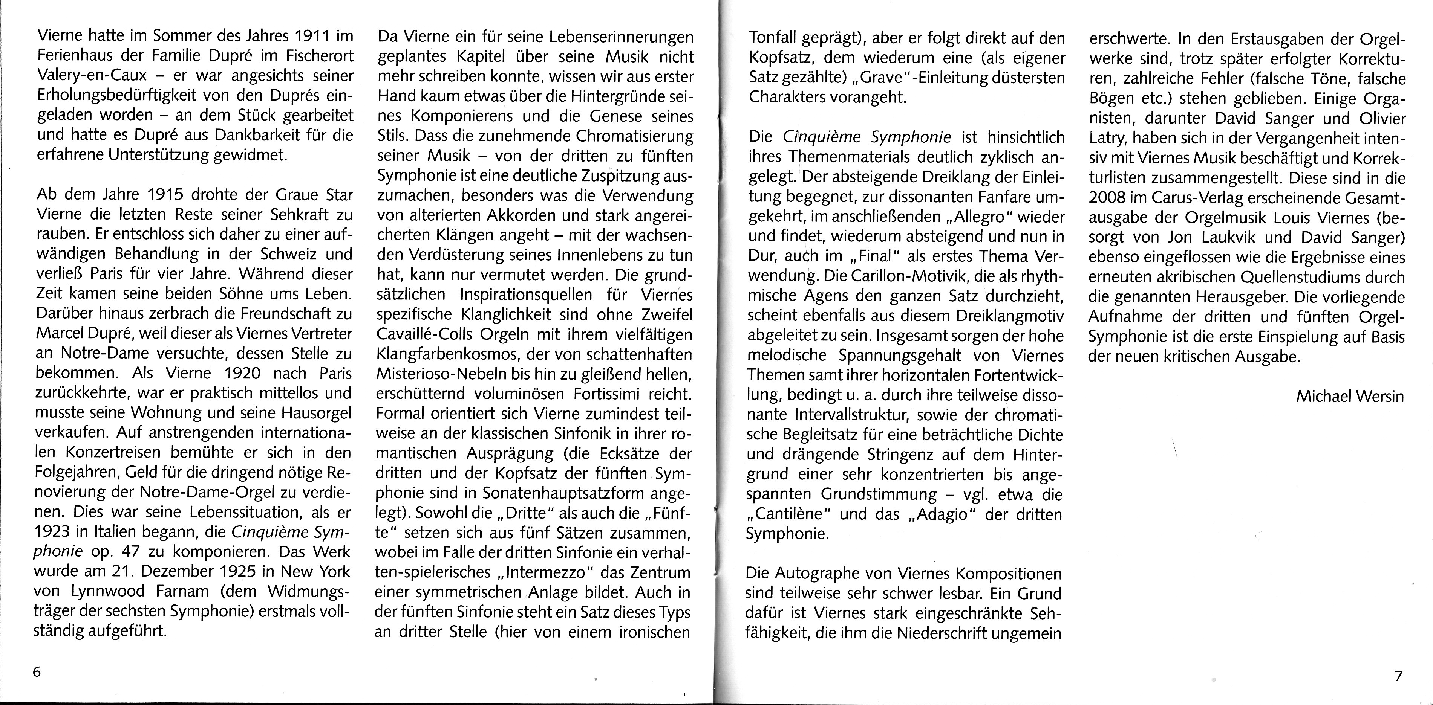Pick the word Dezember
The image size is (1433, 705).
pos(170,572)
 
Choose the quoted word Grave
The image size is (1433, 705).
pos(890,77)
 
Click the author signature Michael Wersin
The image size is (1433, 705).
pos(1350,397)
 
